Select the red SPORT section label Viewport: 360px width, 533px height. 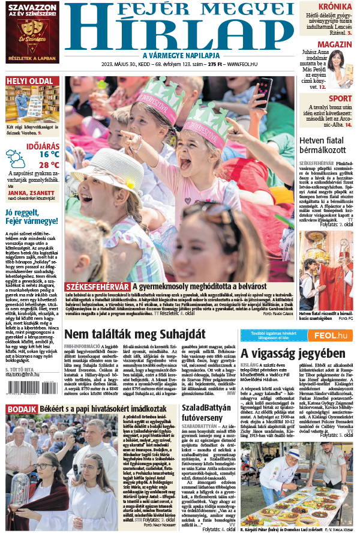tap(340, 99)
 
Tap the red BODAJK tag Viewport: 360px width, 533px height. tap(22, 409)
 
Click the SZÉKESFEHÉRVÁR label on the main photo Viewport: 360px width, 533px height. tap(97, 287)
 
